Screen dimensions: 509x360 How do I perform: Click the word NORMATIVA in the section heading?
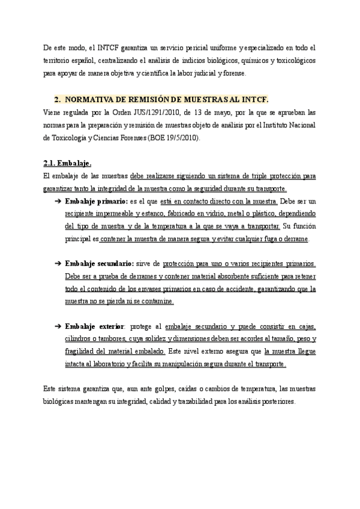click(92, 98)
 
